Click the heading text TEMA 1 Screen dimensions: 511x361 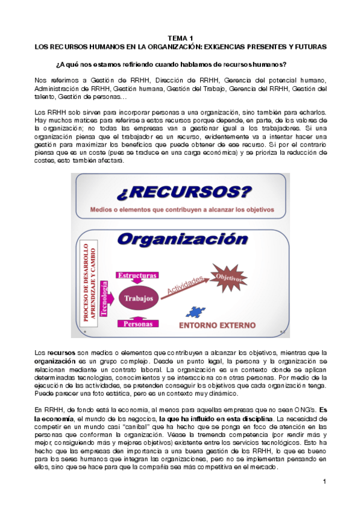pyautogui.click(x=180, y=37)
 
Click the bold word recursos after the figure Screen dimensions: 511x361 pyautogui.click(x=61, y=353)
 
